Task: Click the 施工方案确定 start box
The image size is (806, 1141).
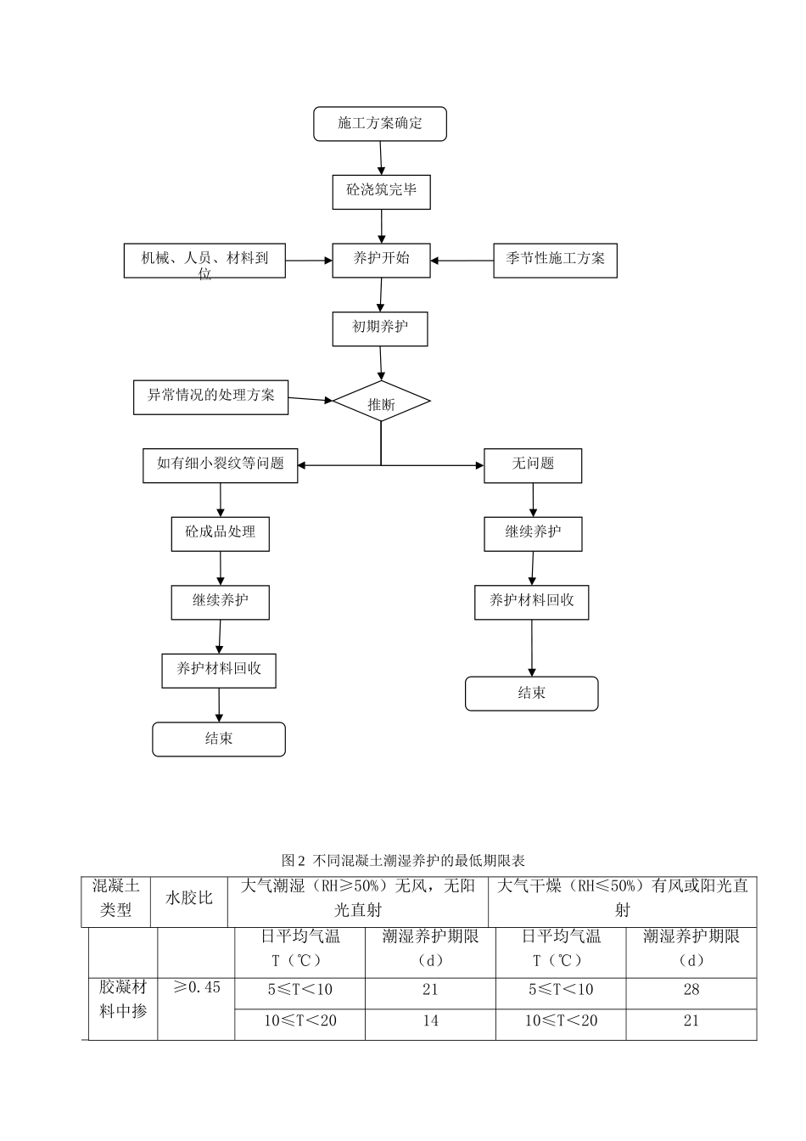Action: (379, 124)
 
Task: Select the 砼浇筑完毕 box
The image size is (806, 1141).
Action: (381, 191)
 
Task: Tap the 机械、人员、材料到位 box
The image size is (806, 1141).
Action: (204, 261)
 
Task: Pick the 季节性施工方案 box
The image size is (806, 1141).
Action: (555, 260)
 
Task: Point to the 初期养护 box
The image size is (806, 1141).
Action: (379, 328)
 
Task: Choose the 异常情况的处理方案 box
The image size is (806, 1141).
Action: (210, 396)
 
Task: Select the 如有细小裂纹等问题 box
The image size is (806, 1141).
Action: (220, 465)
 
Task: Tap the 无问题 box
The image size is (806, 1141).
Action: (532, 465)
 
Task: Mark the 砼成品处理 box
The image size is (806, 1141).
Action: (220, 533)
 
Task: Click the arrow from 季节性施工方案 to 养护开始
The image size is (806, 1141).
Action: (462, 261)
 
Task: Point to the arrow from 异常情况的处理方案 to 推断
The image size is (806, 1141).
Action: (310, 399)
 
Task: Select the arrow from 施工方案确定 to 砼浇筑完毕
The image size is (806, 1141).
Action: (381, 158)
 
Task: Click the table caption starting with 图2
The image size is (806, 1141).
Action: (403, 860)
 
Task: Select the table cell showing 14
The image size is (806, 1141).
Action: (430, 1021)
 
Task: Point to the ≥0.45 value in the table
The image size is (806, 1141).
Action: (196, 988)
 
